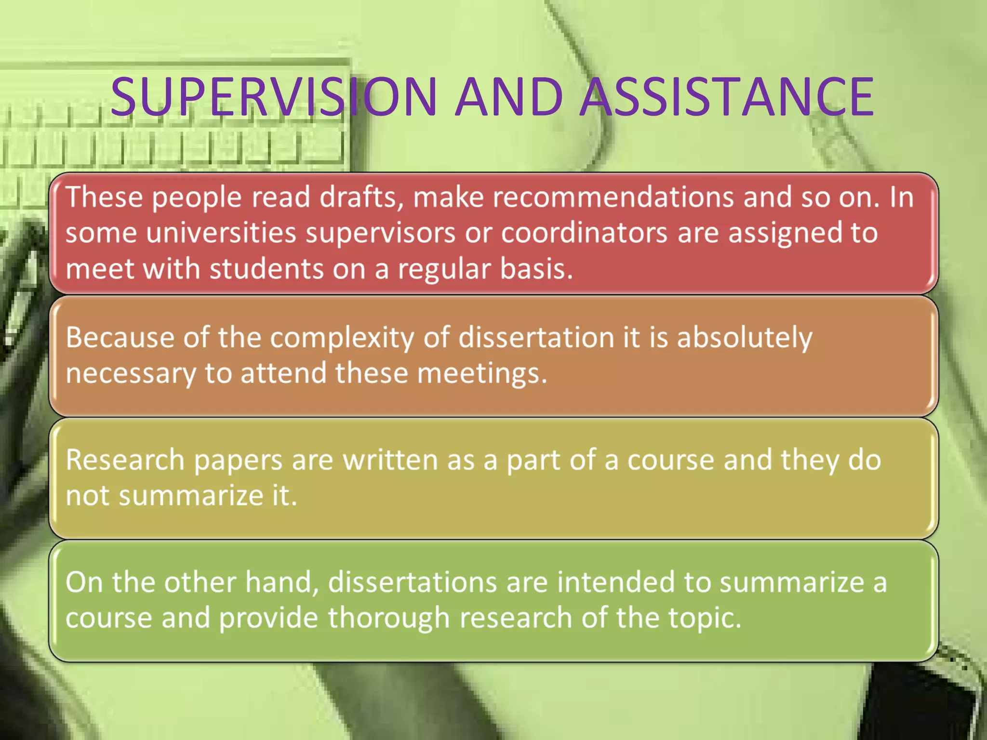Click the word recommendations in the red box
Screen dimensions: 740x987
click(613, 198)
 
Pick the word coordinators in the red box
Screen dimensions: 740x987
click(584, 233)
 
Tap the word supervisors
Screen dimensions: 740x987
click(381, 233)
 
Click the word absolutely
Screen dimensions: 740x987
click(745, 337)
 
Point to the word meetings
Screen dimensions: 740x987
click(482, 373)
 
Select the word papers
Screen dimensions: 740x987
click(238, 460)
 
